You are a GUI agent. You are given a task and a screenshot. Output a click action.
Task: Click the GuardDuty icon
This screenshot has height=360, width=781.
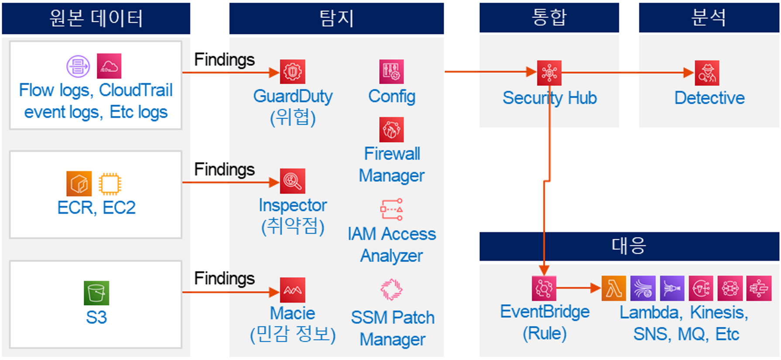[x=292, y=72]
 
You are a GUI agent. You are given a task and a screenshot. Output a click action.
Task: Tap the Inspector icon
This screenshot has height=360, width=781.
[x=292, y=181]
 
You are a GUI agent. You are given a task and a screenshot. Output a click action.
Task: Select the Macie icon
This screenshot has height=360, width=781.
[x=292, y=290]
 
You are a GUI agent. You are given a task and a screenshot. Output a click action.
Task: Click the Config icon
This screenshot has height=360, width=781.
[x=391, y=72]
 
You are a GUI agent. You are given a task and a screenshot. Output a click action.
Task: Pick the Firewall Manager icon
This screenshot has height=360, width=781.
[x=391, y=130]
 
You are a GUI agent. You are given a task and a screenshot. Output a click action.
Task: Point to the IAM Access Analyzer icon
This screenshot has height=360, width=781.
[x=391, y=209]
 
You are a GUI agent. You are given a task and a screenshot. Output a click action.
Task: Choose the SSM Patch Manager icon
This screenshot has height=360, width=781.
[x=391, y=289]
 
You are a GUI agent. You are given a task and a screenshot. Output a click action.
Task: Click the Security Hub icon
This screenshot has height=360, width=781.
[x=549, y=73]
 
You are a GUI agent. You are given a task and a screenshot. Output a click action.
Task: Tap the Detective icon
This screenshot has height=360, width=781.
[x=707, y=73]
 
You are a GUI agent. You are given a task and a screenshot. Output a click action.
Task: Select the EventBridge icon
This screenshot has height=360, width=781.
[x=544, y=288]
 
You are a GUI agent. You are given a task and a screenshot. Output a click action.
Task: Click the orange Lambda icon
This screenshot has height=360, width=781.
[x=613, y=288]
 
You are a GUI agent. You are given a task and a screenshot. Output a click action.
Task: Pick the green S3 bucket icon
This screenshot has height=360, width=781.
[x=96, y=293]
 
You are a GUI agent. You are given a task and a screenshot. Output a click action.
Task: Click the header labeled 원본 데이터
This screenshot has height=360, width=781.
[x=96, y=18]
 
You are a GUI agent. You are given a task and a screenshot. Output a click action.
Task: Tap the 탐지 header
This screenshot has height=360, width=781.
[x=336, y=18]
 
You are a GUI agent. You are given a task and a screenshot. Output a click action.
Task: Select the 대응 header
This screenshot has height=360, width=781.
[x=629, y=246]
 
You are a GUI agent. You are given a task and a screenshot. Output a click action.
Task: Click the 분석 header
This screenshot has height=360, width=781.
[x=709, y=17]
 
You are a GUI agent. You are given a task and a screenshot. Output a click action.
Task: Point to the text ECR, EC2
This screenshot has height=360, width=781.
[x=96, y=208]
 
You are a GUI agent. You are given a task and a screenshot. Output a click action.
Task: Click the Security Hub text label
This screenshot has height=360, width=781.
[x=549, y=98]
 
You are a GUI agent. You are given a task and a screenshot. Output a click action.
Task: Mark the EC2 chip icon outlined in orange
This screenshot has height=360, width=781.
[x=110, y=184]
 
